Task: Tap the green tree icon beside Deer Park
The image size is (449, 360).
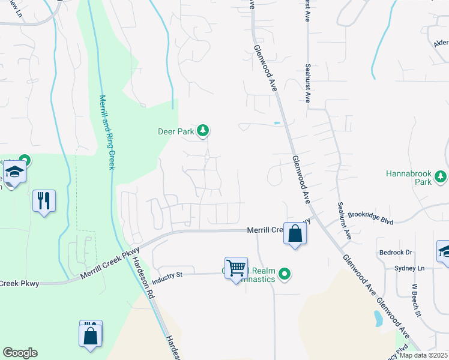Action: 203,130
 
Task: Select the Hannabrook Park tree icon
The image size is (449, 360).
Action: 441,176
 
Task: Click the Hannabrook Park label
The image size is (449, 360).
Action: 408,177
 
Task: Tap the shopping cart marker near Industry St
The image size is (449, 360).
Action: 236,268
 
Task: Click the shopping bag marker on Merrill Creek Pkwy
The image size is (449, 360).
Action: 295,233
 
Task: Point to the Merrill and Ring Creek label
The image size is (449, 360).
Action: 106,132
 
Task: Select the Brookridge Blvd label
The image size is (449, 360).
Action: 370,217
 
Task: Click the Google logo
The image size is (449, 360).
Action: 20,353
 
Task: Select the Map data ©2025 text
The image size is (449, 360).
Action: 423,355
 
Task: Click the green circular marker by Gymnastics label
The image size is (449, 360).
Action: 286,275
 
